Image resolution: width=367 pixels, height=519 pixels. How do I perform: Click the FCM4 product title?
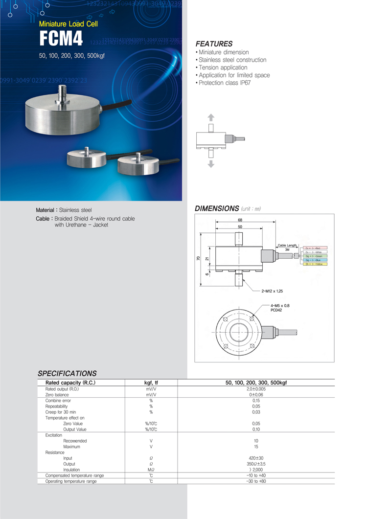(61, 39)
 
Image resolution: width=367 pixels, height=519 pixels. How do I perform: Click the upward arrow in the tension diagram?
(211, 117)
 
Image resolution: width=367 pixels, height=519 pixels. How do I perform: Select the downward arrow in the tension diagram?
(211, 164)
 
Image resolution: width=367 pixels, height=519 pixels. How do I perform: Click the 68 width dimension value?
(240, 220)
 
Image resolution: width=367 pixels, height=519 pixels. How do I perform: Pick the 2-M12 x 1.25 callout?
(273, 291)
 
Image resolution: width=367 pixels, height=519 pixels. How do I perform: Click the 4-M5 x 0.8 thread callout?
(280, 305)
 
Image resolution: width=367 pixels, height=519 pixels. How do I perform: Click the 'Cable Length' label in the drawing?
(287, 245)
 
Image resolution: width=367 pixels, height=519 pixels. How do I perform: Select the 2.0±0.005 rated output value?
(256, 389)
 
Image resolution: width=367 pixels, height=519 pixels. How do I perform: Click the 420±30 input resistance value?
(256, 458)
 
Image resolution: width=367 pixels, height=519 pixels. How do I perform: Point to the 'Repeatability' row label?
(57, 406)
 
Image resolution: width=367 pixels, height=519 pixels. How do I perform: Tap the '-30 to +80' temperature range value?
(256, 481)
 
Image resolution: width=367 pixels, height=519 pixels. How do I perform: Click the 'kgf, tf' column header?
(151, 383)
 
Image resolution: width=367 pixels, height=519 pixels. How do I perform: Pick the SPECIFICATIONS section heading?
(67, 373)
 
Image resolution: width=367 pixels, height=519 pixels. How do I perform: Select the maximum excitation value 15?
(256, 447)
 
